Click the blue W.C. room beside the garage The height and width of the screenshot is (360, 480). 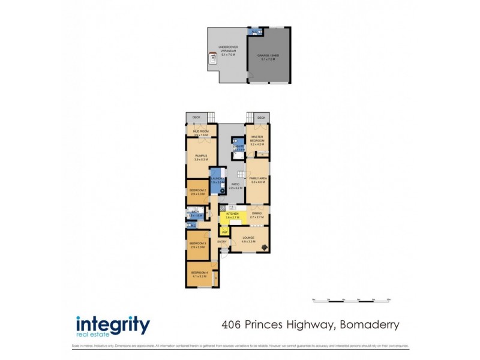pyautogui.click(x=255, y=31)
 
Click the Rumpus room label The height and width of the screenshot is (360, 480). pyautogui.click(x=200, y=156)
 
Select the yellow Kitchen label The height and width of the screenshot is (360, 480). pyautogui.click(x=232, y=214)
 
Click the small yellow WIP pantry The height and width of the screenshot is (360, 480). pyautogui.click(x=224, y=231)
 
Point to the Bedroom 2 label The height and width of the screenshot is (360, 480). pyautogui.click(x=198, y=191)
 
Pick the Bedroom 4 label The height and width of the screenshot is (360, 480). pyautogui.click(x=199, y=272)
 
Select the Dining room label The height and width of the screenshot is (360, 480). pyautogui.click(x=257, y=214)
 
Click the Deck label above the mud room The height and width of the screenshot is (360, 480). pyautogui.click(x=196, y=118)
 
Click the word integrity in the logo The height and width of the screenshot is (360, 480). pyautogui.click(x=113, y=325)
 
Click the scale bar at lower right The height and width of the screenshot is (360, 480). pyautogui.click(x=352, y=299)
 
